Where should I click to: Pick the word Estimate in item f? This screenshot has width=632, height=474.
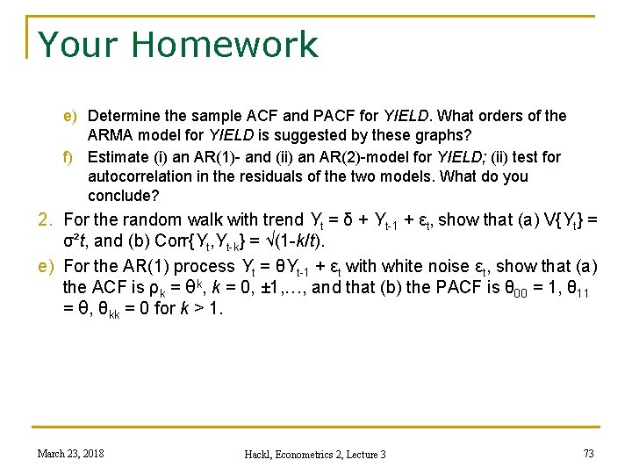[118, 157]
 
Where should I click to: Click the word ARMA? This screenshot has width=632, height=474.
[108, 136]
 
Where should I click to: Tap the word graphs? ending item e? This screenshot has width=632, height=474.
[442, 136]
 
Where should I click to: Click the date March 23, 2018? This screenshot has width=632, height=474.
[70, 453]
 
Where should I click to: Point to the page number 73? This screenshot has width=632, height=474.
[587, 453]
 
